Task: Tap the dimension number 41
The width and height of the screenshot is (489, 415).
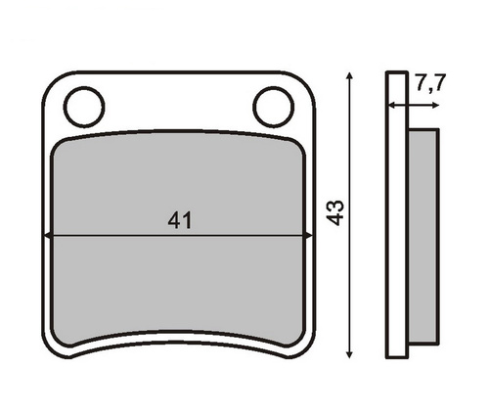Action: click(180, 220)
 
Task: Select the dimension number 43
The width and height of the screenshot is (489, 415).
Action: click(334, 212)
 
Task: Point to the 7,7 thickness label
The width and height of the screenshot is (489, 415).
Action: click(429, 83)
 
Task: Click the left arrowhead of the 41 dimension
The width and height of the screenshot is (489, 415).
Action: click(47, 235)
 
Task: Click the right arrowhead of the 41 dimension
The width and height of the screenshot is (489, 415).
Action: click(308, 235)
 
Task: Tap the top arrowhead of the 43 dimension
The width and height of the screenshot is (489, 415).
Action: click(349, 76)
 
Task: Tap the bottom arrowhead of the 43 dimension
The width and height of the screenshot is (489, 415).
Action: click(349, 354)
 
